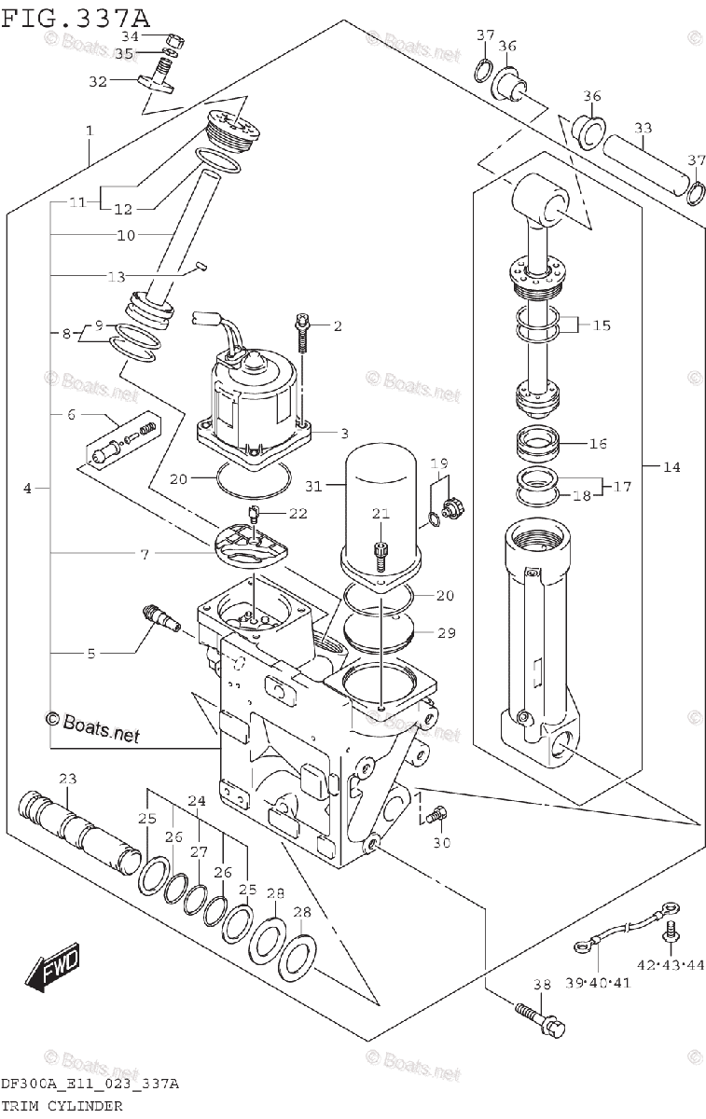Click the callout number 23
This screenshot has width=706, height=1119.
(67, 779)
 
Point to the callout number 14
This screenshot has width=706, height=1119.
(671, 467)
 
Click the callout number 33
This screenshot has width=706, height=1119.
(643, 129)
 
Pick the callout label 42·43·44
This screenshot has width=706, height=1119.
(670, 964)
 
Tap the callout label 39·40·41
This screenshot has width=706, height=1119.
(597, 983)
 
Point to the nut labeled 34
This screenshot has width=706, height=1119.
(174, 40)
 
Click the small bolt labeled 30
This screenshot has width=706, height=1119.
(434, 817)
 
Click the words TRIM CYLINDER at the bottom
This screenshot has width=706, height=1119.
(62, 1105)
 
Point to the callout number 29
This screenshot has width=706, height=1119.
(446, 633)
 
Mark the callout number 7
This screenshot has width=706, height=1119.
(144, 555)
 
